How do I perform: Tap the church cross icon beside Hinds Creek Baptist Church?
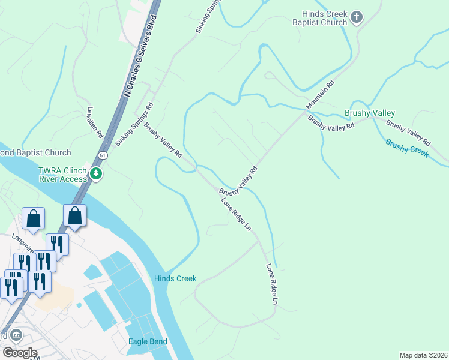click(357, 17)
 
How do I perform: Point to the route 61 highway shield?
click(104, 155)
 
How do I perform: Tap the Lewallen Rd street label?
click(95, 124)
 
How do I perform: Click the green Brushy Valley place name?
click(370, 113)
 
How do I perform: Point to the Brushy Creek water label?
click(407, 148)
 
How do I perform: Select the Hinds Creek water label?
click(175, 278)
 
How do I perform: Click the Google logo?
click(19, 353)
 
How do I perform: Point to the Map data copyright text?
click(423, 355)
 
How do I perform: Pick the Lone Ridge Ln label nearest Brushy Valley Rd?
click(236, 214)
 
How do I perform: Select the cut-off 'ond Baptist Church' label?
click(35, 152)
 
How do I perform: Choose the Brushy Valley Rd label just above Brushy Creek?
click(408, 134)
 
